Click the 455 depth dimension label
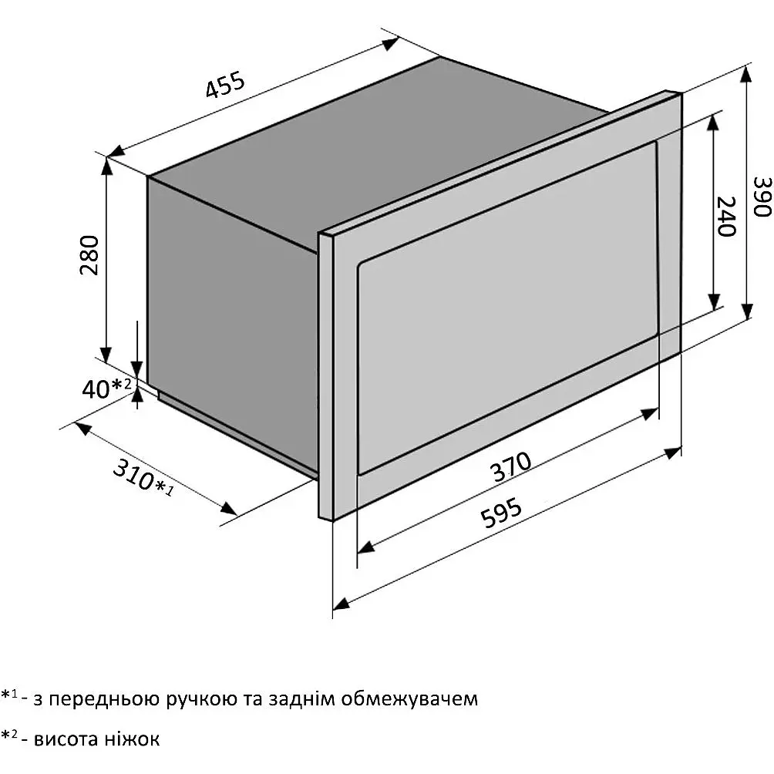pos(225,85)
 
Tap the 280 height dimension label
pos(90,254)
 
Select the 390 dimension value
pos(762,197)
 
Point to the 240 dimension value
pos(725,216)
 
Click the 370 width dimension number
pos(512,466)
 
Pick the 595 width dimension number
pos(501,513)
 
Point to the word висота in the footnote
pos(66,739)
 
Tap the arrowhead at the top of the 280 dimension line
pos(106,166)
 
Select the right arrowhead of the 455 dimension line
pos(390,44)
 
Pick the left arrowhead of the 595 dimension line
pos(342,602)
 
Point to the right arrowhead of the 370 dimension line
pos(650,414)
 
